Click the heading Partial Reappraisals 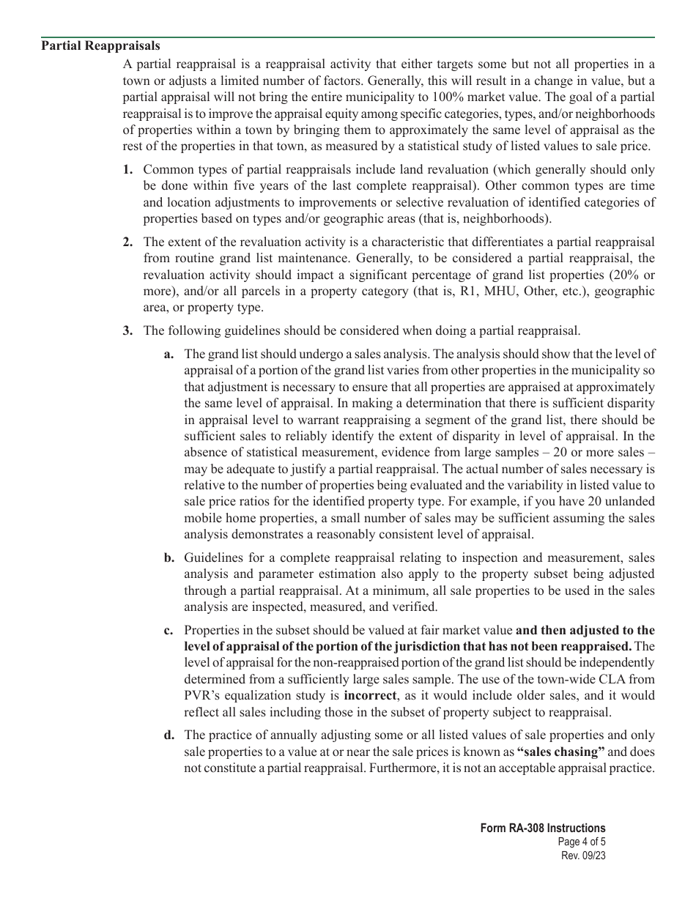[x=101, y=46]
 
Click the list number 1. [x=128, y=170]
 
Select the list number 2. [x=128, y=242]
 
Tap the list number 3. [x=128, y=330]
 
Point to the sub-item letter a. [x=169, y=355]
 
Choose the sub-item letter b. [x=169, y=557]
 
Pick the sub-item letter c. [x=169, y=630]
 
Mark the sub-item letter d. [x=169, y=735]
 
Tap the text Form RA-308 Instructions [x=543, y=828]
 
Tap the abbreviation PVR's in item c [x=204, y=695]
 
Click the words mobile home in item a [x=217, y=517]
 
